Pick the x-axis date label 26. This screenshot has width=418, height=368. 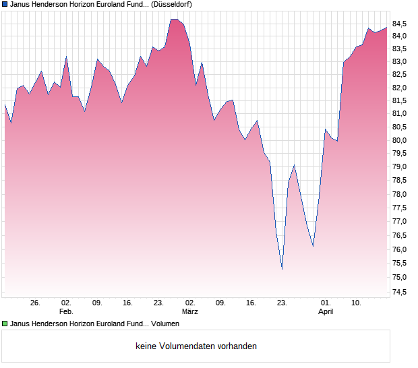click(36, 303)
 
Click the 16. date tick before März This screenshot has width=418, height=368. click(128, 303)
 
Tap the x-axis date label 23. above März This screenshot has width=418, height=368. click(159, 303)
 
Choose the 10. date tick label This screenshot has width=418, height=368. click(357, 303)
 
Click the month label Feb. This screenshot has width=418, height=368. click(66, 311)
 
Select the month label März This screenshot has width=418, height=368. click(189, 311)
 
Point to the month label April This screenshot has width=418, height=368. click(326, 311)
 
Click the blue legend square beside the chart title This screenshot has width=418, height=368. click(5, 4)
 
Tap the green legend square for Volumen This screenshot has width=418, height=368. click(5, 324)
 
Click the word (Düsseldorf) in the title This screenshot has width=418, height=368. click(174, 4)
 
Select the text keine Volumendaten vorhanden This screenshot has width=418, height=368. click(196, 346)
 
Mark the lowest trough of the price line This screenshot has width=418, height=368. click(282, 269)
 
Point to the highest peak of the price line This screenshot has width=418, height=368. click(175, 19)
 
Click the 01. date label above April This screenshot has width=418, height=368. click(326, 303)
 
